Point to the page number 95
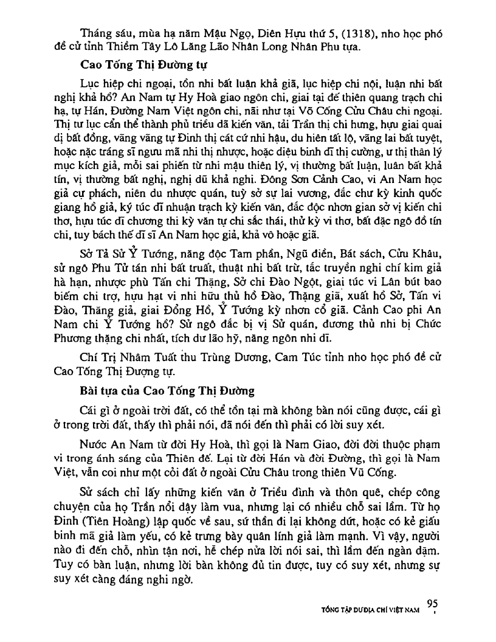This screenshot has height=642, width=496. [433, 603]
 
